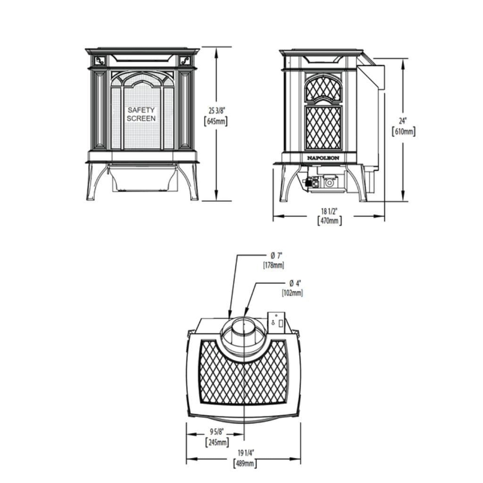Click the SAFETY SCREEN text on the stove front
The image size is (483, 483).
[141, 114]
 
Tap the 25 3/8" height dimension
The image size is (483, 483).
[215, 110]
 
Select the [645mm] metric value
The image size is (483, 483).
[215, 122]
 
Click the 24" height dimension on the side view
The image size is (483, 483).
[403, 121]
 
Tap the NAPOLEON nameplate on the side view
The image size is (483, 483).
[323, 158]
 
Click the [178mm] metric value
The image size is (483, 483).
[274, 265]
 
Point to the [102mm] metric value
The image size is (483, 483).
[292, 293]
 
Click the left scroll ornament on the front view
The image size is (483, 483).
[100, 60]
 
